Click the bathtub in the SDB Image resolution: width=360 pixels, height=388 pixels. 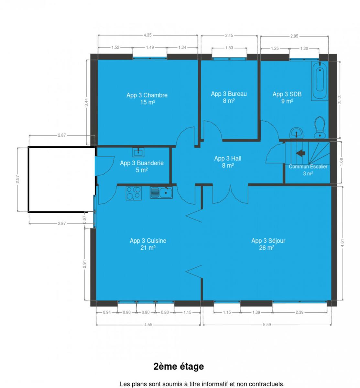pyautogui.click(x=320, y=81)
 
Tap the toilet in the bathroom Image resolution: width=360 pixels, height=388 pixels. pyautogui.click(x=320, y=127)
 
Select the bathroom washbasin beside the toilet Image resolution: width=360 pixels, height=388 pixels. pyautogui.click(x=297, y=133)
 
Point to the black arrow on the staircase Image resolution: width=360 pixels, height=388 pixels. pyautogui.click(x=300, y=153)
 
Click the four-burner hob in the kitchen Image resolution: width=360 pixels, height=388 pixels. pyautogui.click(x=134, y=193)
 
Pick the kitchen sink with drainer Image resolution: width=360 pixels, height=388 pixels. pyautogui.click(x=161, y=193)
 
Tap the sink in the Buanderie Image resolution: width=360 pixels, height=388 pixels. pyautogui.click(x=138, y=152)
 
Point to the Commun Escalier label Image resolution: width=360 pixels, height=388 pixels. pyautogui.click(x=308, y=167)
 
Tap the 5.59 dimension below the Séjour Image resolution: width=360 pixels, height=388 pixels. pyautogui.click(x=267, y=325)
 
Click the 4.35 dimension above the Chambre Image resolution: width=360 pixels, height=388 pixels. pyautogui.click(x=147, y=35)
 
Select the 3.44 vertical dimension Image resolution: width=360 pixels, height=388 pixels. pyautogui.click(x=86, y=102)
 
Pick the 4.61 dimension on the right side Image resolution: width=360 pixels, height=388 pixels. pyautogui.click(x=342, y=243)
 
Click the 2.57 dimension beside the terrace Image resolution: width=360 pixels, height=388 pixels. pyautogui.click(x=17, y=179)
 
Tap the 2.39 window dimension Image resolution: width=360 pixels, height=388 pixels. pyautogui.click(x=300, y=312)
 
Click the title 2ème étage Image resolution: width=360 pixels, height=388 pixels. pyautogui.click(x=179, y=367)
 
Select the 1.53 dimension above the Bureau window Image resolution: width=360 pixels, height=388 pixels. pyautogui.click(x=229, y=48)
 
